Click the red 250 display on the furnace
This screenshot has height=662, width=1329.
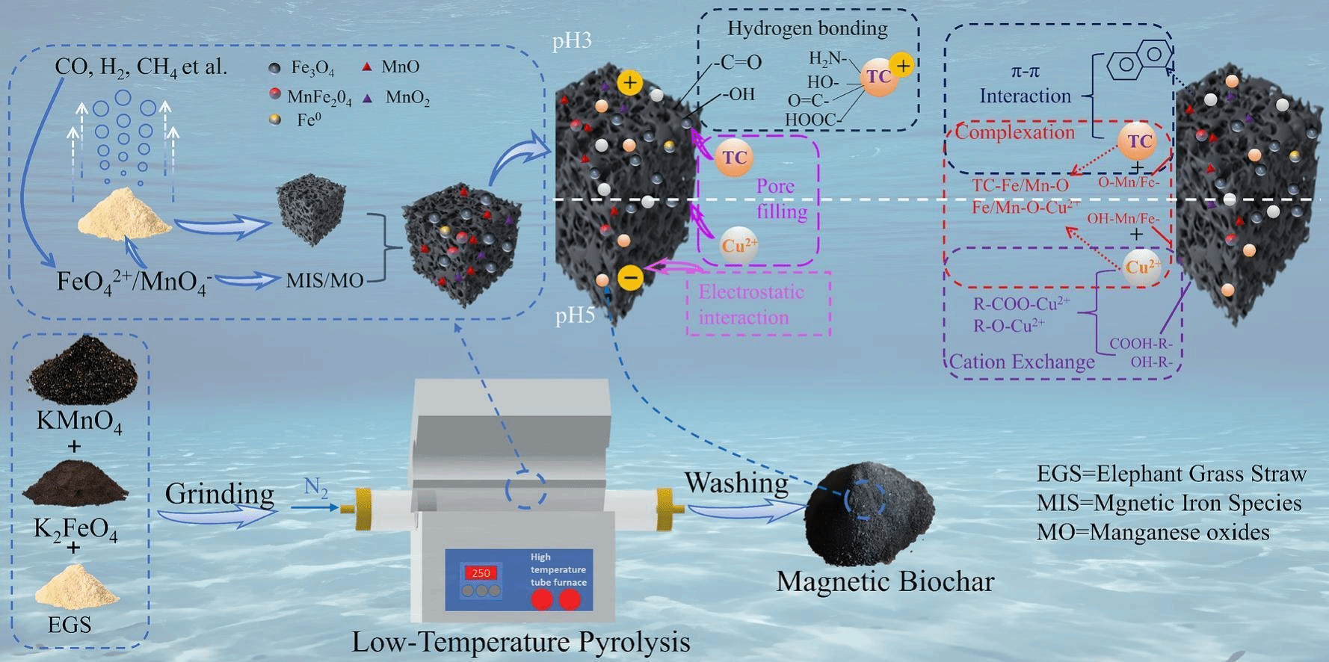(x=481, y=573)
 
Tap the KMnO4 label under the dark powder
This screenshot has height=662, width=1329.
(x=78, y=422)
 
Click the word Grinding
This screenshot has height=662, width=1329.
(x=219, y=494)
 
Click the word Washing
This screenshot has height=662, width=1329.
(x=736, y=483)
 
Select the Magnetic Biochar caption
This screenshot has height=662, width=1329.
(x=885, y=581)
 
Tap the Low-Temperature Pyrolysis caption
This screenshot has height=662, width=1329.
(x=520, y=642)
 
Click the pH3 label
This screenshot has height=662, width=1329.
(x=572, y=40)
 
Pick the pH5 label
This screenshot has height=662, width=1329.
(x=575, y=315)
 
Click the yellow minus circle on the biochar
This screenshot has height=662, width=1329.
(x=630, y=279)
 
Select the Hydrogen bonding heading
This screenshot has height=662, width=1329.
(x=807, y=29)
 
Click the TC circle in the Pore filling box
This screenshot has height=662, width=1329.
(x=734, y=158)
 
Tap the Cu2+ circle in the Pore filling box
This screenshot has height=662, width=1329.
(x=738, y=245)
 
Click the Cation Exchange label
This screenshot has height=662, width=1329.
(x=1022, y=362)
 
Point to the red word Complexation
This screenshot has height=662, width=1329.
(x=1014, y=133)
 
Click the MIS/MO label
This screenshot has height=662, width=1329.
(x=324, y=281)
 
